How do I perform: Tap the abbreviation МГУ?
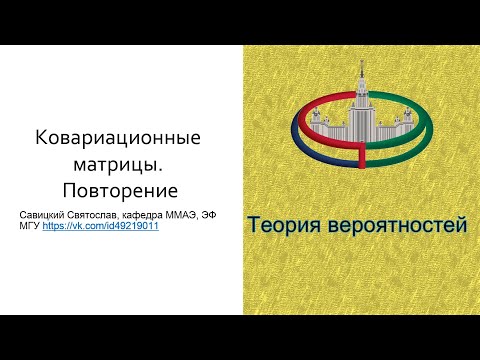click(31, 227)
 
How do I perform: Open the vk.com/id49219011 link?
click(100, 227)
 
